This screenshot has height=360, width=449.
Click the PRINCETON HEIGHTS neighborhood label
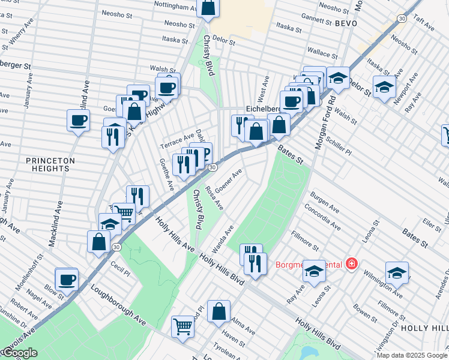(x=50, y=164)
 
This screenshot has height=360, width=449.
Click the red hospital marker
(x=351, y=264)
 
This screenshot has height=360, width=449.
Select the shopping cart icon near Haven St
(x=183, y=327)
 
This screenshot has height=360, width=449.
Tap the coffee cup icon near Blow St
(x=67, y=279)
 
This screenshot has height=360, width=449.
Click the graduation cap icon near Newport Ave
(x=384, y=87)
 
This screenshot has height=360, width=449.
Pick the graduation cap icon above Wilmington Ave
(x=397, y=273)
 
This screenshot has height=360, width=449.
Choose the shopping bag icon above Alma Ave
(x=220, y=311)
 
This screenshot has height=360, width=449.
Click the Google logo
(x=19, y=353)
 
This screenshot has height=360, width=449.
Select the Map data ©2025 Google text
(x=412, y=355)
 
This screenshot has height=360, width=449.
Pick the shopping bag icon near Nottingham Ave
(x=208, y=8)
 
